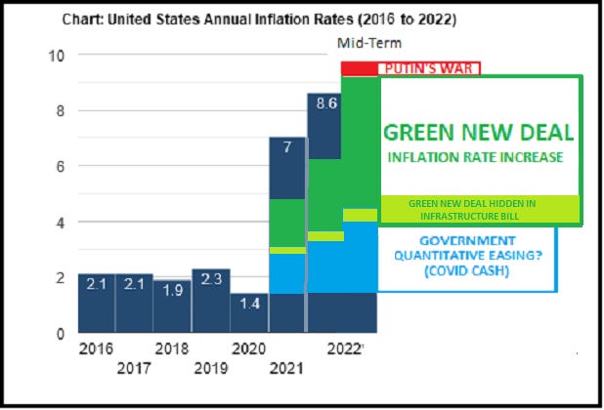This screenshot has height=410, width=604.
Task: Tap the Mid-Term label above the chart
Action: (368, 43)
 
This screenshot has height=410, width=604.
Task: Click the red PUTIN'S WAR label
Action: (429, 68)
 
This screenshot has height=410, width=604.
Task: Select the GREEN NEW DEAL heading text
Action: (477, 133)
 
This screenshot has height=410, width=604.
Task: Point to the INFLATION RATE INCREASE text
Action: (476, 157)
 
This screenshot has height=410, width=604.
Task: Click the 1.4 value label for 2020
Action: (249, 304)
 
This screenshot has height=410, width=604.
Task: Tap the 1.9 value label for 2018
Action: (172, 290)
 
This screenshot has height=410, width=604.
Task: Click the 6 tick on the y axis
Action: (61, 167)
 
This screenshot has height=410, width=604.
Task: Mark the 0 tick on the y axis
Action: (61, 334)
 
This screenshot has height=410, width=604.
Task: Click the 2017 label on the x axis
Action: (135, 368)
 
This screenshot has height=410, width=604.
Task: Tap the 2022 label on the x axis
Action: (346, 349)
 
